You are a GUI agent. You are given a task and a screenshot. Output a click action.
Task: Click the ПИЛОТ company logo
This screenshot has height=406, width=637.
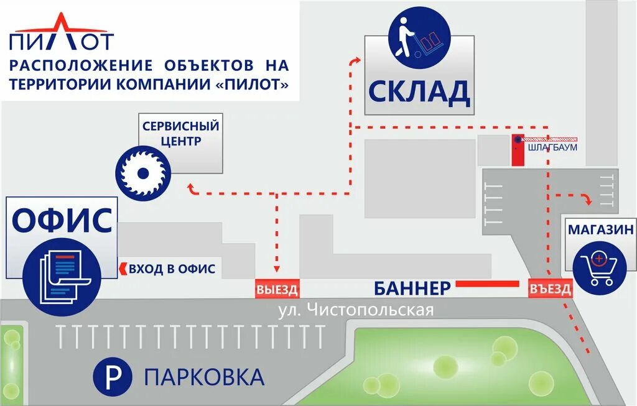coord(62,32)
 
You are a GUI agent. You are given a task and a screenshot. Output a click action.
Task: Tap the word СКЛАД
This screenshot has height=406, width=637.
coord(418,91)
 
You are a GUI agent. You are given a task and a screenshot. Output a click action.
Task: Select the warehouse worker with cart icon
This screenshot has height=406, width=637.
coord(418,39)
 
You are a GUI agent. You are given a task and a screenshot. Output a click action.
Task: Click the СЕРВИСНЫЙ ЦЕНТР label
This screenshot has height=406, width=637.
coord(180,133)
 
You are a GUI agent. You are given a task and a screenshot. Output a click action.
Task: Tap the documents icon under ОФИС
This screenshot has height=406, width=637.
coord(61,271)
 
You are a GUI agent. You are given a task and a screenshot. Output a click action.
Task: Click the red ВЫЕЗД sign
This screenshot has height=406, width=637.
coord(277,290)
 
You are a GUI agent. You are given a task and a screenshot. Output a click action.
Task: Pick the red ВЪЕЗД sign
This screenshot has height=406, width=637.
coord(549,289)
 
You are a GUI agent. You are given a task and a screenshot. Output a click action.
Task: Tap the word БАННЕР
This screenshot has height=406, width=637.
coord(412,288)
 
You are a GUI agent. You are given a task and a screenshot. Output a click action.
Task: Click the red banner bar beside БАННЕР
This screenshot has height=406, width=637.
coord(487,284)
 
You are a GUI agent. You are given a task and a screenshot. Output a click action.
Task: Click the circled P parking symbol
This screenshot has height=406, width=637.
coord(113,376)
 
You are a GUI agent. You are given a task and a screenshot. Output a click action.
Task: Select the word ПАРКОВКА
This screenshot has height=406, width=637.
coord(204,376)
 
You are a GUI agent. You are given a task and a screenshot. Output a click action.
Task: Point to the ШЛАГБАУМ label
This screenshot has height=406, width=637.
coord(552,148)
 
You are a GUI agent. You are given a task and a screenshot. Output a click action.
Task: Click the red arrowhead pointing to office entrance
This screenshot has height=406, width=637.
coord(123,269)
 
